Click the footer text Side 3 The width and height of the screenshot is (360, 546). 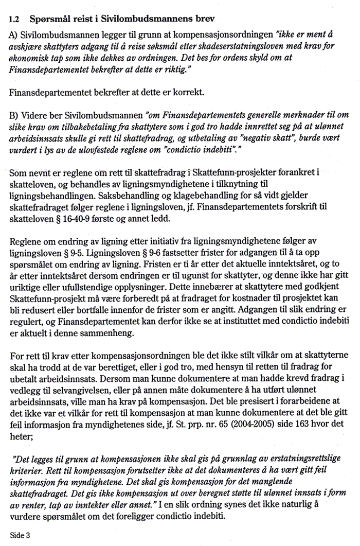[x=20, y=535]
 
